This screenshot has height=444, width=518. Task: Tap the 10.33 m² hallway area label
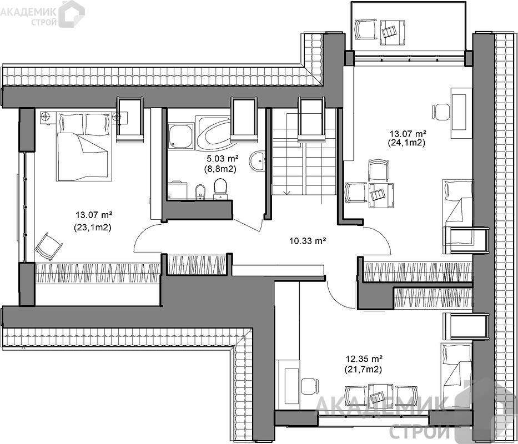308,241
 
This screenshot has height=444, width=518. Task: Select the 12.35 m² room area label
364,359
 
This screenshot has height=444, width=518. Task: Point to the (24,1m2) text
408,143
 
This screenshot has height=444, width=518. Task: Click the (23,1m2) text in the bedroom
93,228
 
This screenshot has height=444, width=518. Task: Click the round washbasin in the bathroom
257,162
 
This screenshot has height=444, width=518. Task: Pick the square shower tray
180,136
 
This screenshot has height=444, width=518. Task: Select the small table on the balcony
392,32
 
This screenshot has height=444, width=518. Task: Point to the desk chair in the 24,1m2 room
441,112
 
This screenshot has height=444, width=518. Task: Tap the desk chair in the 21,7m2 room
310,386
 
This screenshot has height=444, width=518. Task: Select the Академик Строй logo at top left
42,14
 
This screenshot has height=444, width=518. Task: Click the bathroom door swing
249,224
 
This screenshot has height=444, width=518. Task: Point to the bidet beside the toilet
200,192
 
